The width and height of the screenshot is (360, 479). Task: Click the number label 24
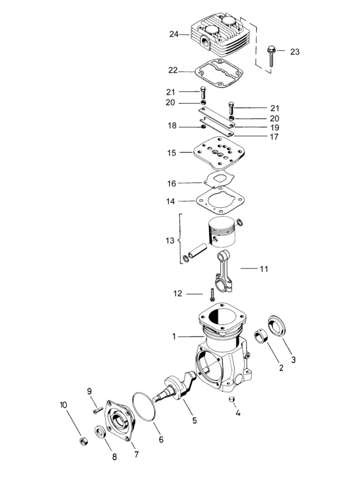(x=174, y=34)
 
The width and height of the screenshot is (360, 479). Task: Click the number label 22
(x=173, y=70)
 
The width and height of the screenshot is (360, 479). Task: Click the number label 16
(x=172, y=183)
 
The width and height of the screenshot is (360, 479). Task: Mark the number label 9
(x=91, y=391)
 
